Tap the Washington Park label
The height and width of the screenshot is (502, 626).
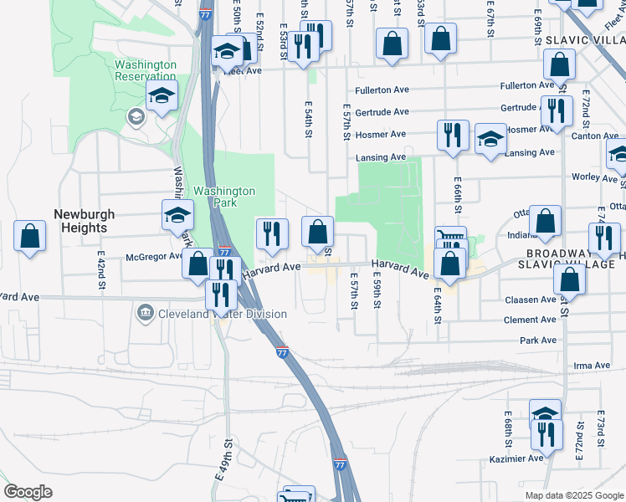click(x=224, y=197)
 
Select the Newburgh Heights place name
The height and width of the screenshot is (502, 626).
click(x=81, y=221)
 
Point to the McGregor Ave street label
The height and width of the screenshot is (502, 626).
click(x=153, y=257)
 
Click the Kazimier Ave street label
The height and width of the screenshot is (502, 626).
click(x=519, y=458)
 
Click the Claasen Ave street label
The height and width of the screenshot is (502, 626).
click(x=531, y=300)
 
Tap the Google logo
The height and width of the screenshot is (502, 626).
click(x=28, y=492)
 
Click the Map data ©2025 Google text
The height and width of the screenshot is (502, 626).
click(x=573, y=495)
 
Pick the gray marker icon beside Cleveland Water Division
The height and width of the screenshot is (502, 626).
click(x=145, y=314)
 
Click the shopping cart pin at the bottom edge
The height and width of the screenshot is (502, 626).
click(x=299, y=495)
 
